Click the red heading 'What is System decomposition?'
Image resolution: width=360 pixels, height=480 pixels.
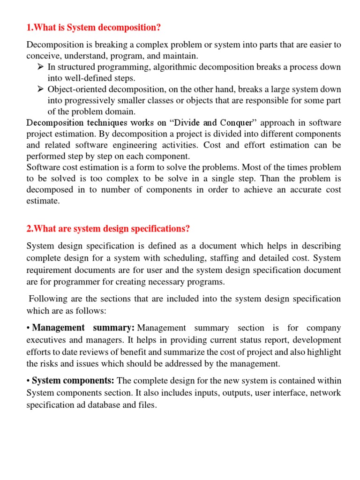94,28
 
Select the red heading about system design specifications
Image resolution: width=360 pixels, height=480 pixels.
108,228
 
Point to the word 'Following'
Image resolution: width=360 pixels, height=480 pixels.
47,298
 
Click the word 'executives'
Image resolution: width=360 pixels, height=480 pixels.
47,339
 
